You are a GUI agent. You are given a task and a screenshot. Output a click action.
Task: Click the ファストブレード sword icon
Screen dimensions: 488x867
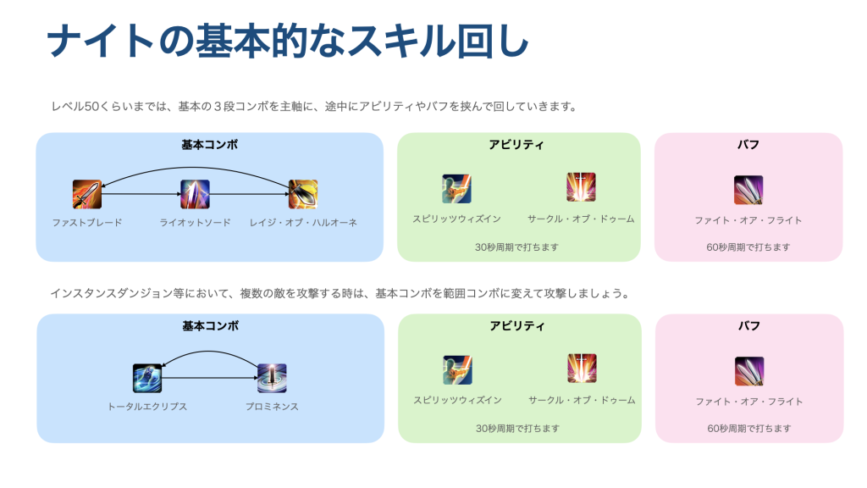(x=87, y=194)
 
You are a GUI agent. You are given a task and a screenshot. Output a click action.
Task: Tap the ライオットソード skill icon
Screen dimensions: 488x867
(x=195, y=194)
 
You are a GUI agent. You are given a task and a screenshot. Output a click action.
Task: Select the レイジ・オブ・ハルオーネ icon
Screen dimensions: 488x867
(x=303, y=194)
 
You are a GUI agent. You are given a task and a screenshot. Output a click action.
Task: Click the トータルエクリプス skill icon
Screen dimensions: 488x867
(x=147, y=378)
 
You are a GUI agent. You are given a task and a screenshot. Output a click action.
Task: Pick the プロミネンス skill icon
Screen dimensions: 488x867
(x=272, y=378)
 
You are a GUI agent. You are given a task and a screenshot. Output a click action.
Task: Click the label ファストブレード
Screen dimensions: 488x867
(x=87, y=223)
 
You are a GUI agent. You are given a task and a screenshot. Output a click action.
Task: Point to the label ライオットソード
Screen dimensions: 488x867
(x=195, y=223)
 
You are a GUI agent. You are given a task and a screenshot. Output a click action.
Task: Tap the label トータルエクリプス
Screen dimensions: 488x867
(x=147, y=407)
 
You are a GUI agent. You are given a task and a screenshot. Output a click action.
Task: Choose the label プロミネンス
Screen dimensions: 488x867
(x=272, y=407)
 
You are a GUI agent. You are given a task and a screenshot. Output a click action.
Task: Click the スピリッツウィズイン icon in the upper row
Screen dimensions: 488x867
(x=456, y=188)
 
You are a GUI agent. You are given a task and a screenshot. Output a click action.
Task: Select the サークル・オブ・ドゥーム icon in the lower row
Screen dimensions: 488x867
(x=582, y=369)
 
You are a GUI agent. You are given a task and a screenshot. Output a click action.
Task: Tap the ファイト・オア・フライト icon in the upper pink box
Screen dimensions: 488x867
(x=748, y=190)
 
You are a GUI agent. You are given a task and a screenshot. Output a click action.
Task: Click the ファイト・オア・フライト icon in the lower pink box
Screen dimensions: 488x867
(x=749, y=371)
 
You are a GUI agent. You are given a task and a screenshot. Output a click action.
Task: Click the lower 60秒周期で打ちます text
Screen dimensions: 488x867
(x=749, y=429)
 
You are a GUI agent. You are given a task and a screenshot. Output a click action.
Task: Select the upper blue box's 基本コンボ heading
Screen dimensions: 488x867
(x=209, y=145)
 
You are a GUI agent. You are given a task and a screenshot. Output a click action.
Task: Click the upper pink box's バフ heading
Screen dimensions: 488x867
(x=748, y=145)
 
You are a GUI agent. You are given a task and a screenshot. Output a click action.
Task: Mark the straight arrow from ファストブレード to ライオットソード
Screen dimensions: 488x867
(x=141, y=194)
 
